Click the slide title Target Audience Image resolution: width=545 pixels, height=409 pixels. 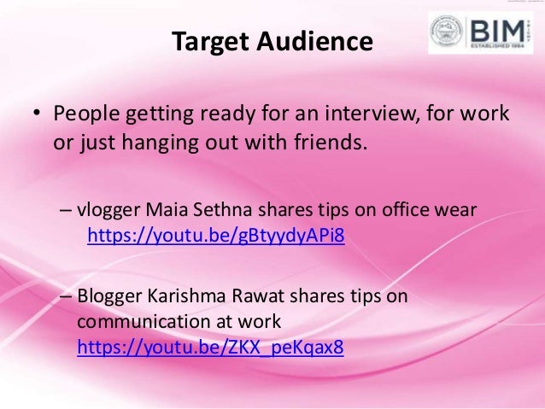click(x=272, y=42)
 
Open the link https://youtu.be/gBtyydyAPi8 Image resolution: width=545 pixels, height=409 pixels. click(x=215, y=235)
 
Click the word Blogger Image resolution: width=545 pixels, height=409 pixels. click(x=110, y=296)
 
